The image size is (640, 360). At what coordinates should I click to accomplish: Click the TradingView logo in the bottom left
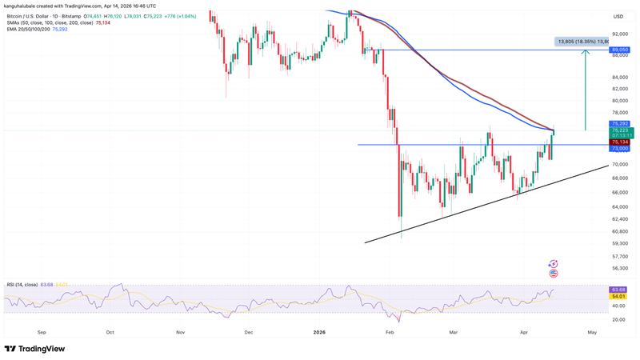tap(34, 349)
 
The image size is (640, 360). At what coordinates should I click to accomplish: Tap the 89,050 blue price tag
tap(621, 50)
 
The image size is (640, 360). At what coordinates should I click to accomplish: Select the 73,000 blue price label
tap(621, 148)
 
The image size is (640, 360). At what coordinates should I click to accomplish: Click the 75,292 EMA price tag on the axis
tap(621, 124)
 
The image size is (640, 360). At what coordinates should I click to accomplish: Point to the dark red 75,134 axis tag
tap(621, 142)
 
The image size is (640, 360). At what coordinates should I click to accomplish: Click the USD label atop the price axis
tap(618, 16)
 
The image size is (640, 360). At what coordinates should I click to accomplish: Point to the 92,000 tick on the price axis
tap(620, 34)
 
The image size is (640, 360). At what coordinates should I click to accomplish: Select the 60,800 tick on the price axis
tap(620, 230)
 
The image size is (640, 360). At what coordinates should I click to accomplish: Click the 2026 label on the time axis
tap(318, 330)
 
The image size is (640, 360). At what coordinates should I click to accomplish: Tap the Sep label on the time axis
tap(42, 330)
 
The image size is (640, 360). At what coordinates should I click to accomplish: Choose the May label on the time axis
tap(593, 330)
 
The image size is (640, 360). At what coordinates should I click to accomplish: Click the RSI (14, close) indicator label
tap(22, 284)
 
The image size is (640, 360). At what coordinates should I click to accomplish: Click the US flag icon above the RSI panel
tap(553, 273)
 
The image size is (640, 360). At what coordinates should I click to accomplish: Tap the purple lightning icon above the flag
tap(553, 262)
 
